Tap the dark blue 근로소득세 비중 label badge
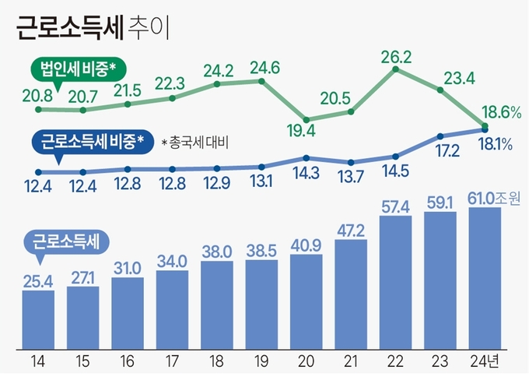[x=86, y=142]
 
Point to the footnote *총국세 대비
[x=198, y=143]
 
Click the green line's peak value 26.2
[x=396, y=56]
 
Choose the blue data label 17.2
[x=440, y=155]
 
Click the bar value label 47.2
[x=351, y=231]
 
